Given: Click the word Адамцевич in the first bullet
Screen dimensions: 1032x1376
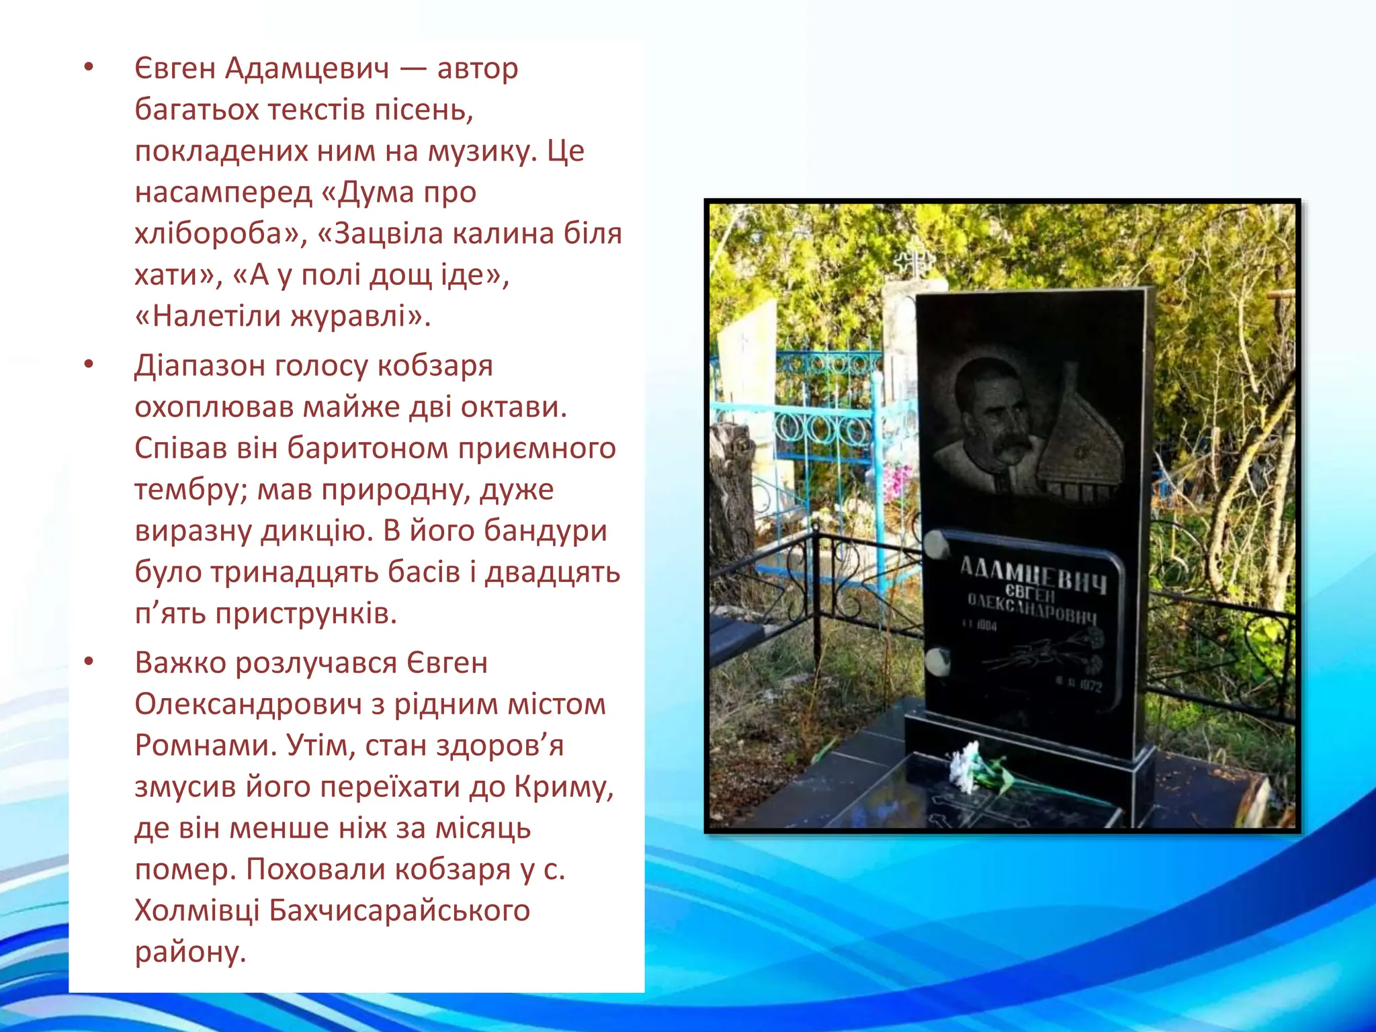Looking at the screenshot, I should [306, 69].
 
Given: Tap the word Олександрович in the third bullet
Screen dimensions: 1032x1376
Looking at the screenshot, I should [248, 705].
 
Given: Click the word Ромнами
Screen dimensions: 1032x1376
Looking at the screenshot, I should [205, 746].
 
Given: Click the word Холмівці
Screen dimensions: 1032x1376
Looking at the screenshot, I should [196, 911].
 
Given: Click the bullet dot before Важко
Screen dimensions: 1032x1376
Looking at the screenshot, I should [89, 662].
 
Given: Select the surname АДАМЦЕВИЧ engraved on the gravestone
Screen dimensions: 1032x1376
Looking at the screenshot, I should [1033, 574].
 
